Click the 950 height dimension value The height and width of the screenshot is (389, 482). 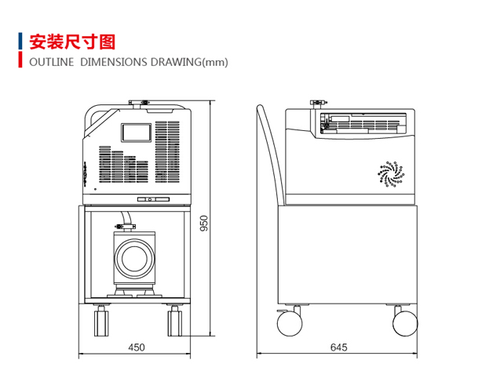[x=203, y=224]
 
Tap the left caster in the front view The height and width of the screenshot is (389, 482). [x=101, y=322]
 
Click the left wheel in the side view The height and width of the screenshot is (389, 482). [x=288, y=322]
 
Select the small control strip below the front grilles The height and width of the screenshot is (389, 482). [x=154, y=199]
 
